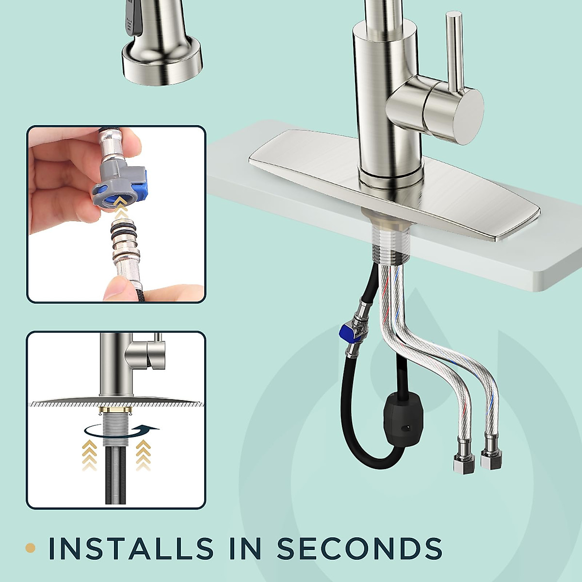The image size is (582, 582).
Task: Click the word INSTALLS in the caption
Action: coord(131,549)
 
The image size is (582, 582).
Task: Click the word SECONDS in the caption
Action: coord(359,549)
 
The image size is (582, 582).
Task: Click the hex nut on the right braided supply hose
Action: coord(491,458)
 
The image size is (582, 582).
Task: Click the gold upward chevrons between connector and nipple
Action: coord(122,212)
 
